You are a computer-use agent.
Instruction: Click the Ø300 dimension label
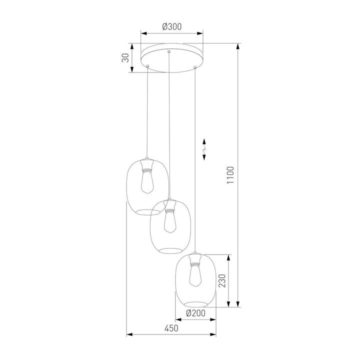[172, 27]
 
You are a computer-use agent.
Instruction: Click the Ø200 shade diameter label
[195, 314]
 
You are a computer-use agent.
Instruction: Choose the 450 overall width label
[171, 328]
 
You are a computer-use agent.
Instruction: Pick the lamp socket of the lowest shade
[195, 258]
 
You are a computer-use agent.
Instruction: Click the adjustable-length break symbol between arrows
[204, 148]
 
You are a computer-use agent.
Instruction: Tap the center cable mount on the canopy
[170, 52]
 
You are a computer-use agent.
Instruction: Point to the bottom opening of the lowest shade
[195, 303]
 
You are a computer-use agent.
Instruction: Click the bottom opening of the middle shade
[171, 250]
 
